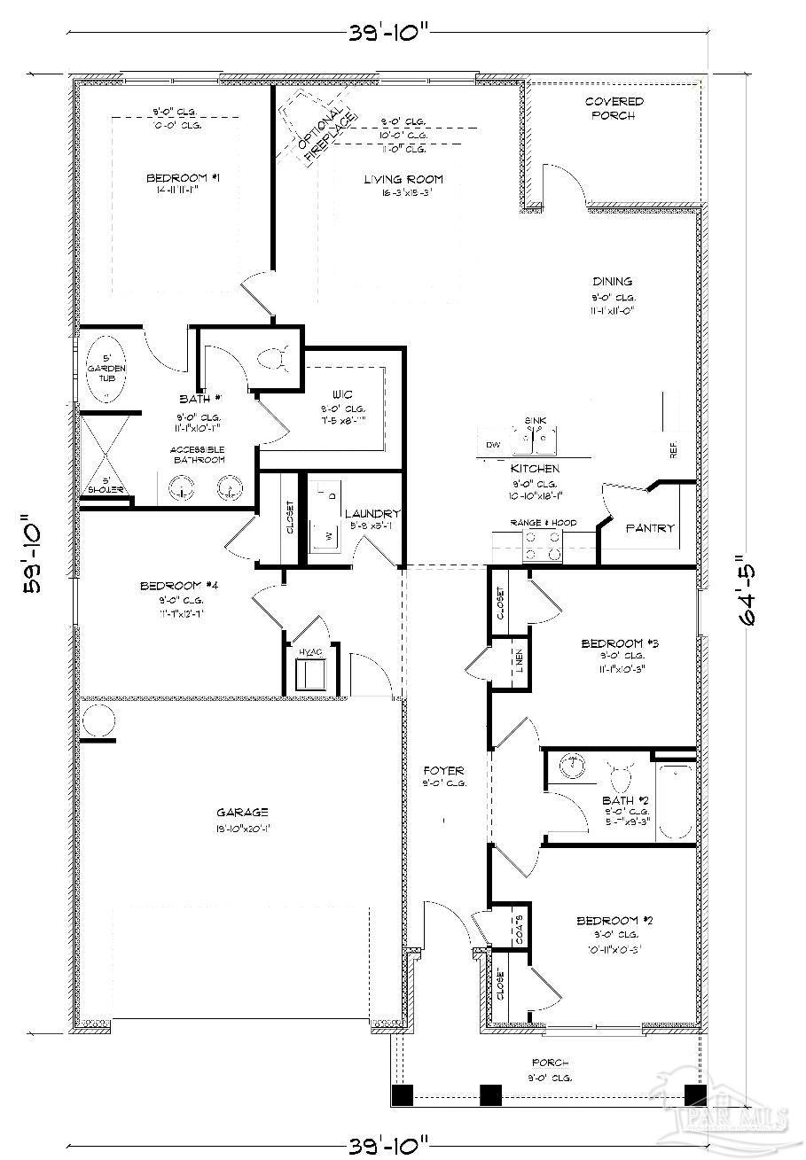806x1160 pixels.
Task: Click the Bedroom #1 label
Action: click(183, 179)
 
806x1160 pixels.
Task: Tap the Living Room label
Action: click(403, 180)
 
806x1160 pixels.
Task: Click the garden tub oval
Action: click(106, 368)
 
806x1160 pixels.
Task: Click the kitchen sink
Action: click(539, 437)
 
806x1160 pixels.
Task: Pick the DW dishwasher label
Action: click(493, 444)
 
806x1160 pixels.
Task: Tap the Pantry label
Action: click(651, 528)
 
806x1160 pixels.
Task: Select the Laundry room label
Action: click(372, 514)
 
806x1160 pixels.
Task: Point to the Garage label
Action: click(242, 812)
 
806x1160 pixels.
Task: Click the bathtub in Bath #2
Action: click(676, 800)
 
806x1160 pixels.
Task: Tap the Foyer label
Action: click(443, 771)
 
